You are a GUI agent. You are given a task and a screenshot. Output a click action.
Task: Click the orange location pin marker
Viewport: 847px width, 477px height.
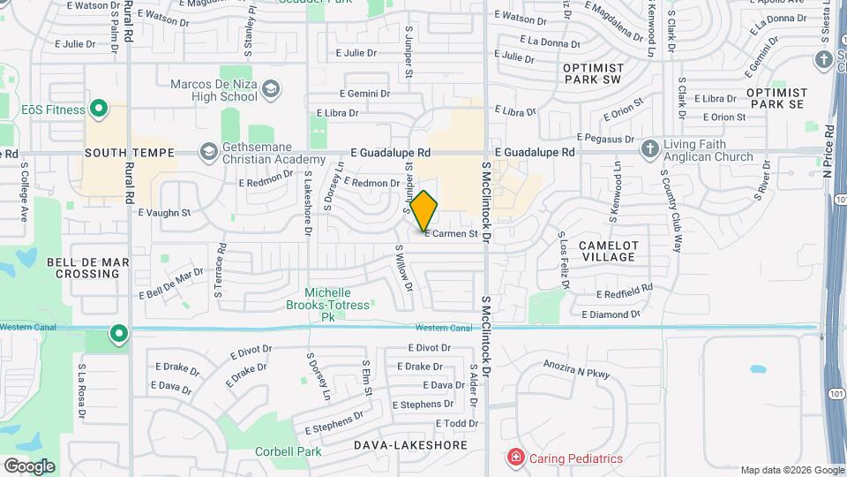(x=424, y=210)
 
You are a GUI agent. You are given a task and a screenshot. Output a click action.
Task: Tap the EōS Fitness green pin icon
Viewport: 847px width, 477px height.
(x=99, y=110)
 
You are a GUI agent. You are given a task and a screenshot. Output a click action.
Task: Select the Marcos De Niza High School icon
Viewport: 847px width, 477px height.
(x=271, y=88)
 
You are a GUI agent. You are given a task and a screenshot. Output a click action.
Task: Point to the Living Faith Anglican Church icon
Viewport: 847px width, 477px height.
(x=650, y=148)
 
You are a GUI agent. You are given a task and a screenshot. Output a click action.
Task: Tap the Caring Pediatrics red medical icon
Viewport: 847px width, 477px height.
(x=515, y=458)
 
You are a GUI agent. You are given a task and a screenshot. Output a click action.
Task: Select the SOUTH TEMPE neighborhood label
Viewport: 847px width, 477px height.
(x=130, y=153)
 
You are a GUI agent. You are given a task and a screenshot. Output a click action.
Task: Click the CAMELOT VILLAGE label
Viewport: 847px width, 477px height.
(x=608, y=251)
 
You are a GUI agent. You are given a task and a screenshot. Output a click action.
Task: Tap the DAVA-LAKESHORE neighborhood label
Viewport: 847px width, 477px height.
(x=410, y=445)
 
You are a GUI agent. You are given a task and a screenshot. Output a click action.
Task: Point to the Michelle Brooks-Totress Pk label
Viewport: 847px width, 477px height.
(x=327, y=304)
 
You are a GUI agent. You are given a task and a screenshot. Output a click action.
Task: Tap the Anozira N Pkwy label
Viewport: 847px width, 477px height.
(x=576, y=373)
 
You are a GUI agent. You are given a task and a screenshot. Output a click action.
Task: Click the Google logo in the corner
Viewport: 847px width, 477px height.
(x=28, y=466)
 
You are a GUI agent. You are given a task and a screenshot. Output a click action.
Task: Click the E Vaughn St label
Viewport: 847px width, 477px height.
(x=164, y=213)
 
